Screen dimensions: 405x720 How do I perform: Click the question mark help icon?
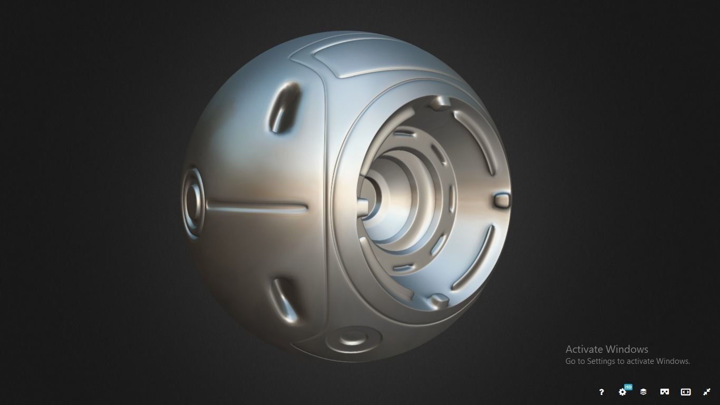point(601,392)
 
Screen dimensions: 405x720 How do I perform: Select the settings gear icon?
point(622,392)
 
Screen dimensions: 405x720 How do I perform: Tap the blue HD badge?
point(628,387)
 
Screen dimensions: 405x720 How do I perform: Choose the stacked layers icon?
point(644,392)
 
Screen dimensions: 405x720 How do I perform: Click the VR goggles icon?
point(665,392)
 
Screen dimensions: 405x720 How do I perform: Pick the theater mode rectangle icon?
point(686,392)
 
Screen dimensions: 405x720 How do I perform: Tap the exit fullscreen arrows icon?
point(707,392)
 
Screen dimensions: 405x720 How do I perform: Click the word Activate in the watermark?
point(585,349)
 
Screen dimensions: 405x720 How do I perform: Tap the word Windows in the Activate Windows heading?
point(628,349)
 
